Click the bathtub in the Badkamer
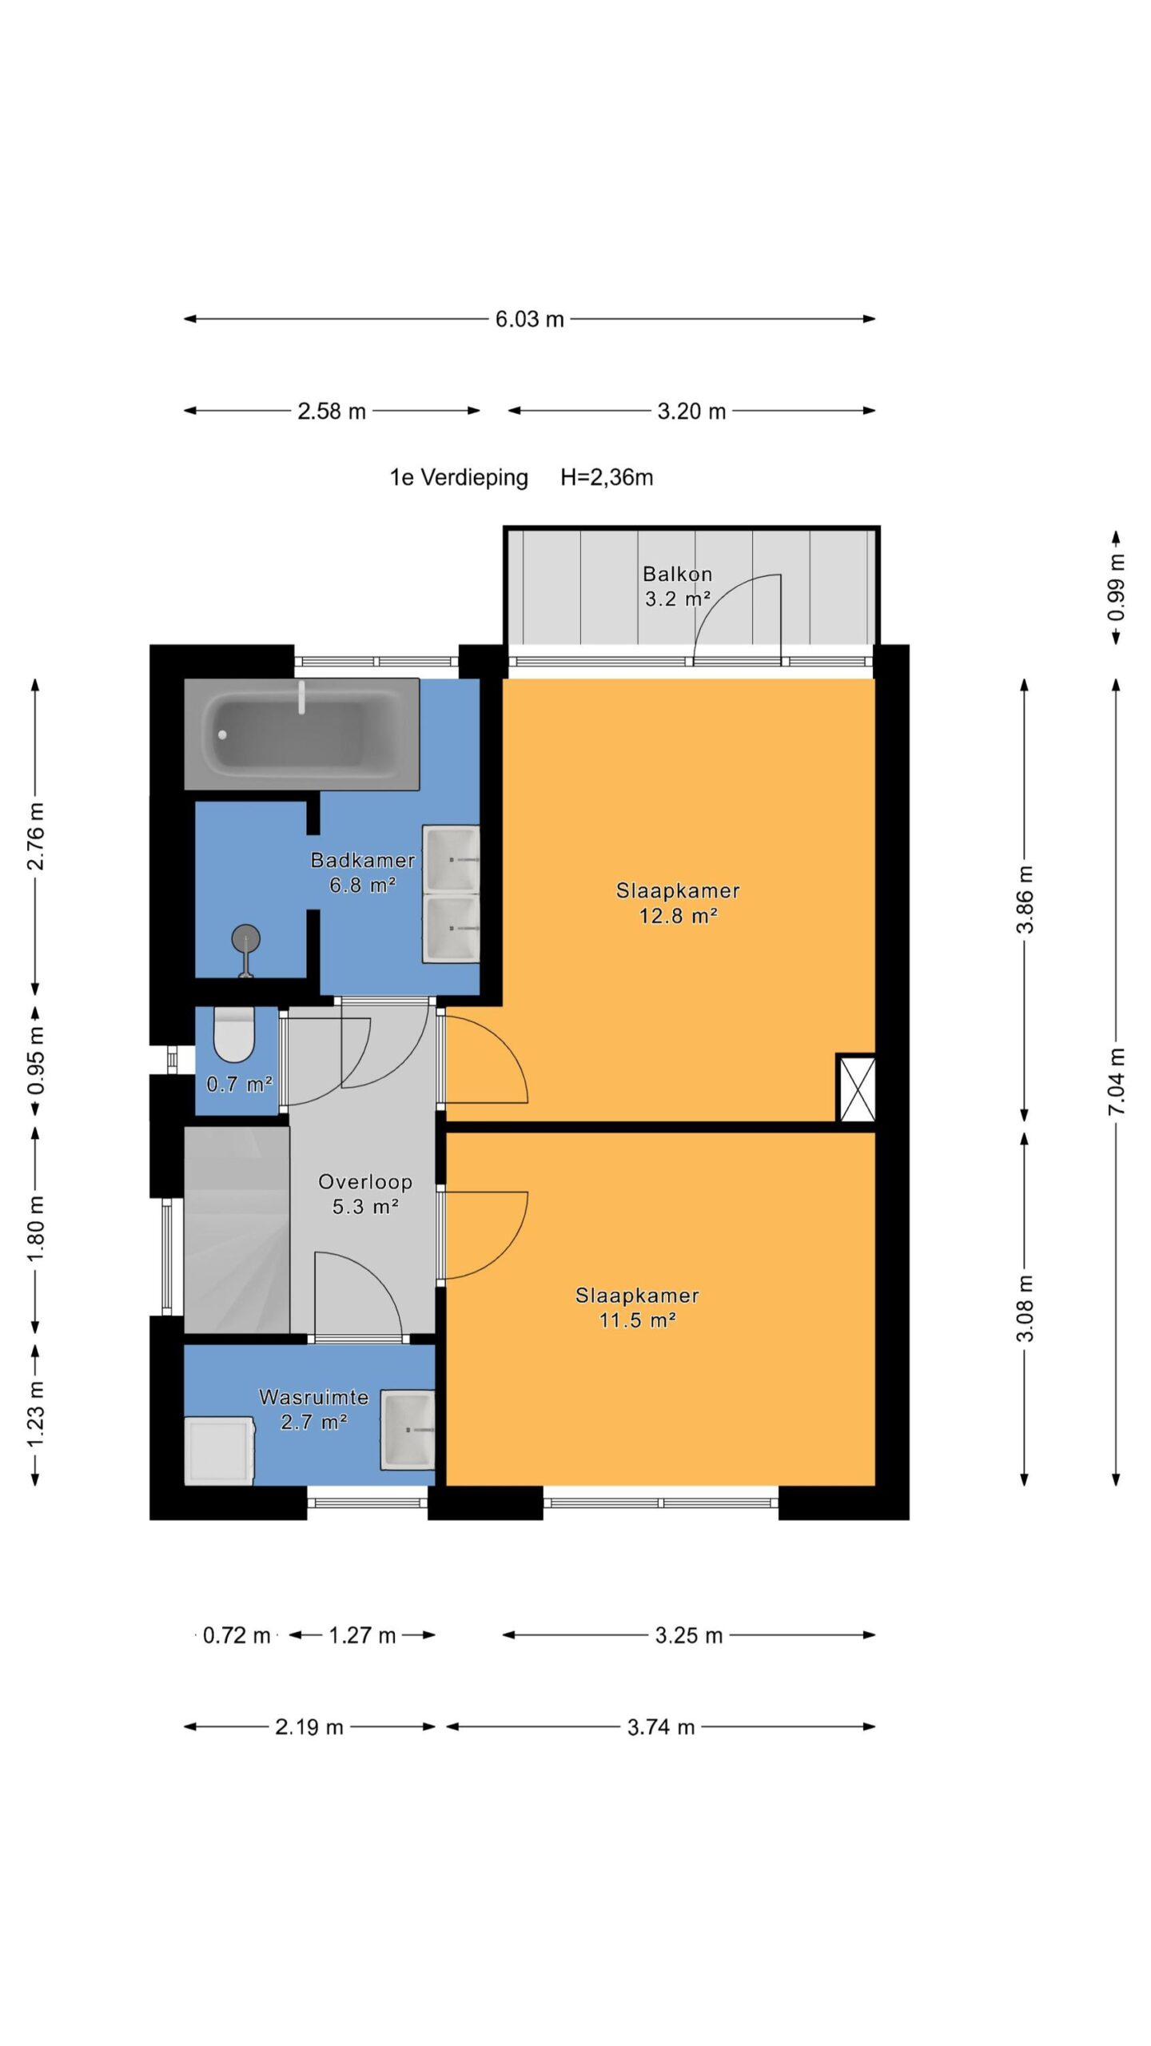click(301, 734)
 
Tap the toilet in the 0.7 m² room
click(234, 1033)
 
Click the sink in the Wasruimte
click(408, 1430)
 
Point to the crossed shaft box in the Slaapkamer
click(856, 1088)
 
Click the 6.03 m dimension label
click(529, 320)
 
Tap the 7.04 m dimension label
click(1117, 1082)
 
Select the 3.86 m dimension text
click(1025, 899)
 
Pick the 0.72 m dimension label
click(237, 1636)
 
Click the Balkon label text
click(677, 574)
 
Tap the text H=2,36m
click(607, 478)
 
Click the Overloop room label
click(365, 1181)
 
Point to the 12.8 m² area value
click(678, 916)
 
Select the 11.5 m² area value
click(638, 1320)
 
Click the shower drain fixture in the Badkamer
click(245, 950)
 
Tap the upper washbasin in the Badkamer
click(452, 858)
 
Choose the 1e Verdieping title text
click(459, 478)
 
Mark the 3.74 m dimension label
click(661, 1728)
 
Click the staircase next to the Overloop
click(237, 1229)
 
